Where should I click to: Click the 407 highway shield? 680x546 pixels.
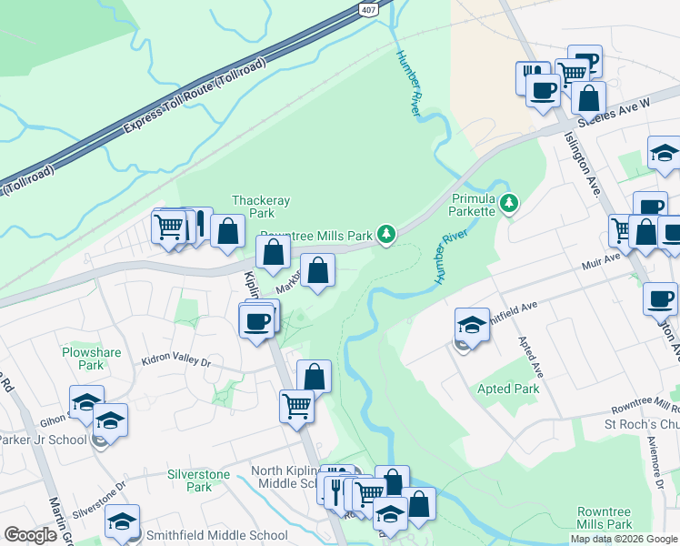[366, 8]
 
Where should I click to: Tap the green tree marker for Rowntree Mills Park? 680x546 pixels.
[387, 235]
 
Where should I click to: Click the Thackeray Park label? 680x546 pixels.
[253, 207]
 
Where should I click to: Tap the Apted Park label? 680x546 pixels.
[508, 389]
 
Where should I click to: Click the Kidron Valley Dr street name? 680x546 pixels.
[175, 361]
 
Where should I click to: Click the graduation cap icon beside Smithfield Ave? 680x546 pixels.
[472, 325]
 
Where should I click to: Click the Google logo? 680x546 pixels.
[31, 535]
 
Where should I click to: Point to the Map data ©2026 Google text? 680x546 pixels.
[623, 539]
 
